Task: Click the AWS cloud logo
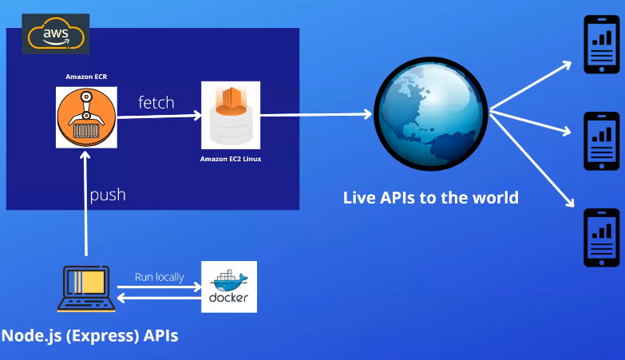coord(55,34)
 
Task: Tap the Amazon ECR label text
coord(86,77)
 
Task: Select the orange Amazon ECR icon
coord(86,117)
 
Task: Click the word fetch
coord(156,102)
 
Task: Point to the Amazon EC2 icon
coord(231,115)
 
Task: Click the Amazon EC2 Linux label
coord(231,159)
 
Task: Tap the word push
coord(108,195)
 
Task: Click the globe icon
coord(431,114)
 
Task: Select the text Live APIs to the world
coord(431,198)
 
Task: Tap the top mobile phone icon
coord(602,44)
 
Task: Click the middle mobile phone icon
coord(602,141)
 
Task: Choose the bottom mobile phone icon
coord(602,238)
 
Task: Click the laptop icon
coord(86,289)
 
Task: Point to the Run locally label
coord(160,277)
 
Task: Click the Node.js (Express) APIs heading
coord(89,336)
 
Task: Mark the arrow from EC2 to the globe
coord(316,115)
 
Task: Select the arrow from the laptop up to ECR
coord(85,204)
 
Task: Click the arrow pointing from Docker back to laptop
coord(159,298)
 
